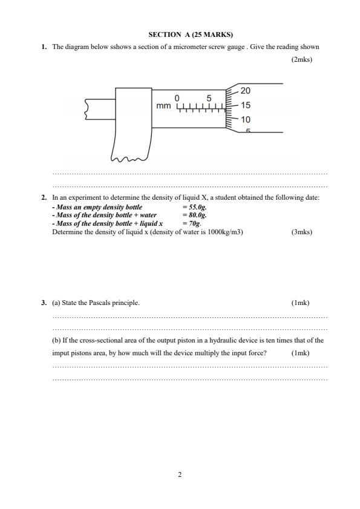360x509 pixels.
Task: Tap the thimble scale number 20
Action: click(245, 91)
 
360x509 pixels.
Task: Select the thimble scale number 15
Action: click(245, 105)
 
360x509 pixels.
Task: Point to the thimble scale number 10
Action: click(245, 120)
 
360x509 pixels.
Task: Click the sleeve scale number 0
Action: click(177, 98)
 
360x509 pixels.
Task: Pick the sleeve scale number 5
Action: click(209, 98)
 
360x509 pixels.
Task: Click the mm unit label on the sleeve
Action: click(163, 107)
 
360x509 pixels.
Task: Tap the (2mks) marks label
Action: click(301, 60)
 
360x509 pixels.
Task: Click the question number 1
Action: click(44, 47)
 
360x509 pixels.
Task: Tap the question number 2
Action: click(44, 198)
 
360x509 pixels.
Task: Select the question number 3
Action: click(44, 303)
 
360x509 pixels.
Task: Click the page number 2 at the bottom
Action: click(180, 475)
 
